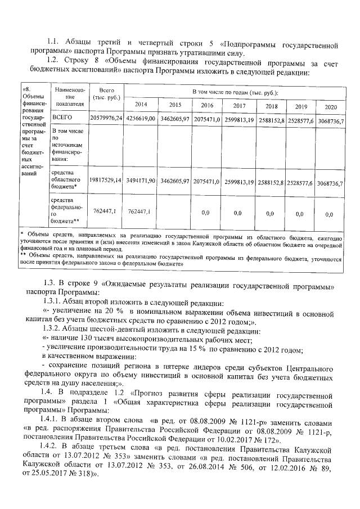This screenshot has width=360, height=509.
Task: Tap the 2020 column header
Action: [331, 107]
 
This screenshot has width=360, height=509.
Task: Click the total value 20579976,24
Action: [106, 119]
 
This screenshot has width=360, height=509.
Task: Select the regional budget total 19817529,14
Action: [106, 181]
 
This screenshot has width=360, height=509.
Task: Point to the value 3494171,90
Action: [141, 181]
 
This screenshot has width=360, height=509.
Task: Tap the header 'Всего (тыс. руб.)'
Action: [106, 94]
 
